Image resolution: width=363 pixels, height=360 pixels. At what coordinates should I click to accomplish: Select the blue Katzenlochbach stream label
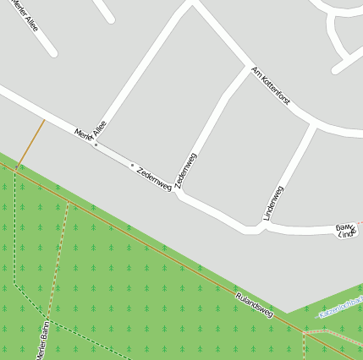point(340,307)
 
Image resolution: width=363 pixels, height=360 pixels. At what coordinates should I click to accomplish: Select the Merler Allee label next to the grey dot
point(91,132)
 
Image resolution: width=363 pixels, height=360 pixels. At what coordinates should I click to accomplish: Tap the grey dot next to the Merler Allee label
point(96,145)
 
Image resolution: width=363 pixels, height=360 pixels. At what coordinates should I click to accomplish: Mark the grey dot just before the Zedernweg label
point(132,165)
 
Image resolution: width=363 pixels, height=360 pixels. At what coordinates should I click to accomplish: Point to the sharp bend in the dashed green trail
point(14,284)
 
